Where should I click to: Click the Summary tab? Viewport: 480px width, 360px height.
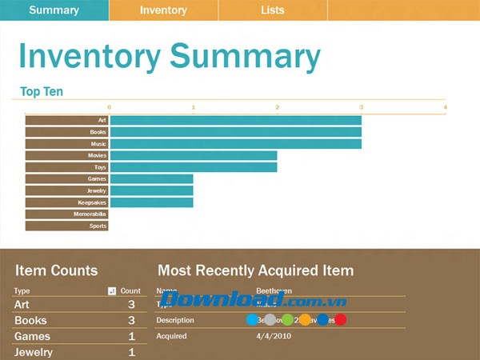click(54, 10)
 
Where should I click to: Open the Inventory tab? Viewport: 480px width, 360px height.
click(163, 10)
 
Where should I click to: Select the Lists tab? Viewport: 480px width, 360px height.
click(272, 10)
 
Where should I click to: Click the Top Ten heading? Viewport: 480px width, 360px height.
click(42, 92)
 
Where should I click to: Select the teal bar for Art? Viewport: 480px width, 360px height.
click(235, 120)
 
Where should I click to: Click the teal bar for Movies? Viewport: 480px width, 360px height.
click(193, 155)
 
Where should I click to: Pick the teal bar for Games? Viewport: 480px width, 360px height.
click(151, 179)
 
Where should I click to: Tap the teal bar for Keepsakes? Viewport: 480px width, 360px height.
click(151, 202)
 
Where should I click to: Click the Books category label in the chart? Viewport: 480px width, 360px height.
click(98, 132)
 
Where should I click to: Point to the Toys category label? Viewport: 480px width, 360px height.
click(100, 167)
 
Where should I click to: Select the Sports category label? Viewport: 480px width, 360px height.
click(98, 226)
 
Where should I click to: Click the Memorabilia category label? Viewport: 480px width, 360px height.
click(92, 214)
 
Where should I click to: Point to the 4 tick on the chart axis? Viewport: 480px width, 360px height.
click(445, 106)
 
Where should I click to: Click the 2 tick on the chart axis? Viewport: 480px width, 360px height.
click(277, 106)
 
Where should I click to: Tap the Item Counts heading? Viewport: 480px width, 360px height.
click(56, 270)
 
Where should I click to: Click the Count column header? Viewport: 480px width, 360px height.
click(130, 291)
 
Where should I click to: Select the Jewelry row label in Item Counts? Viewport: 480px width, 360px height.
click(34, 352)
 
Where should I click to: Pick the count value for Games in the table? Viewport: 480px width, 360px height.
click(132, 337)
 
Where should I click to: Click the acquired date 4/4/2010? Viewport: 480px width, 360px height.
click(273, 336)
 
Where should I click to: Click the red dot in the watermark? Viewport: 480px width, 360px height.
click(340, 320)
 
